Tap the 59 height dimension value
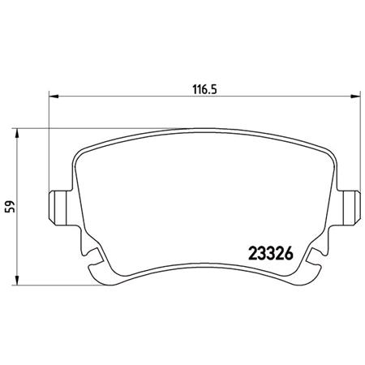[10, 207]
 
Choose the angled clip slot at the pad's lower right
[312, 261]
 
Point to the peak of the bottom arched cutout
[203, 264]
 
